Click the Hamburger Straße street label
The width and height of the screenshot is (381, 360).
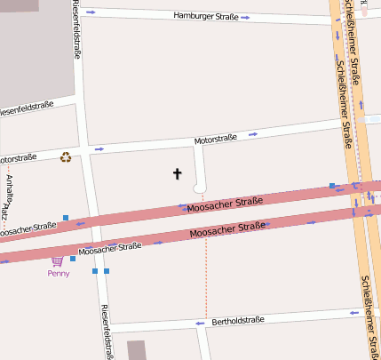(x=204, y=16)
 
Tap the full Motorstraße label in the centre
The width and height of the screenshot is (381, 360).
(x=216, y=139)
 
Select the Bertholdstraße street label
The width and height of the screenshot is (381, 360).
(x=239, y=320)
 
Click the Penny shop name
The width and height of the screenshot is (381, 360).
(x=59, y=273)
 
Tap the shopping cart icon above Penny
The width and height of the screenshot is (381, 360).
(x=58, y=261)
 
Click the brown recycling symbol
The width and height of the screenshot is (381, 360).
(x=66, y=158)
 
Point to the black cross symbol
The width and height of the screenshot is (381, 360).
(x=177, y=173)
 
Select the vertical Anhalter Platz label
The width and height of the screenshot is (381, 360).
(x=9, y=196)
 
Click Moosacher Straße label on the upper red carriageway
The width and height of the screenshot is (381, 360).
(x=225, y=203)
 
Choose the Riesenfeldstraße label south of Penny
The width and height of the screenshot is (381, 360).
(x=107, y=331)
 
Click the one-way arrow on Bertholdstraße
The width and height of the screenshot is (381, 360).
(x=200, y=324)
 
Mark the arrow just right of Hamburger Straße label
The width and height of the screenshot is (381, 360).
(x=243, y=17)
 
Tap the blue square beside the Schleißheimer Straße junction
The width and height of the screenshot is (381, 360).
(x=332, y=186)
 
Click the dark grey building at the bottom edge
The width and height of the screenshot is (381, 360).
(x=136, y=349)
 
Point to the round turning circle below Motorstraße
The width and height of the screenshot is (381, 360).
(x=199, y=187)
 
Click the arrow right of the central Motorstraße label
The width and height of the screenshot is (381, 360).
(x=253, y=134)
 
